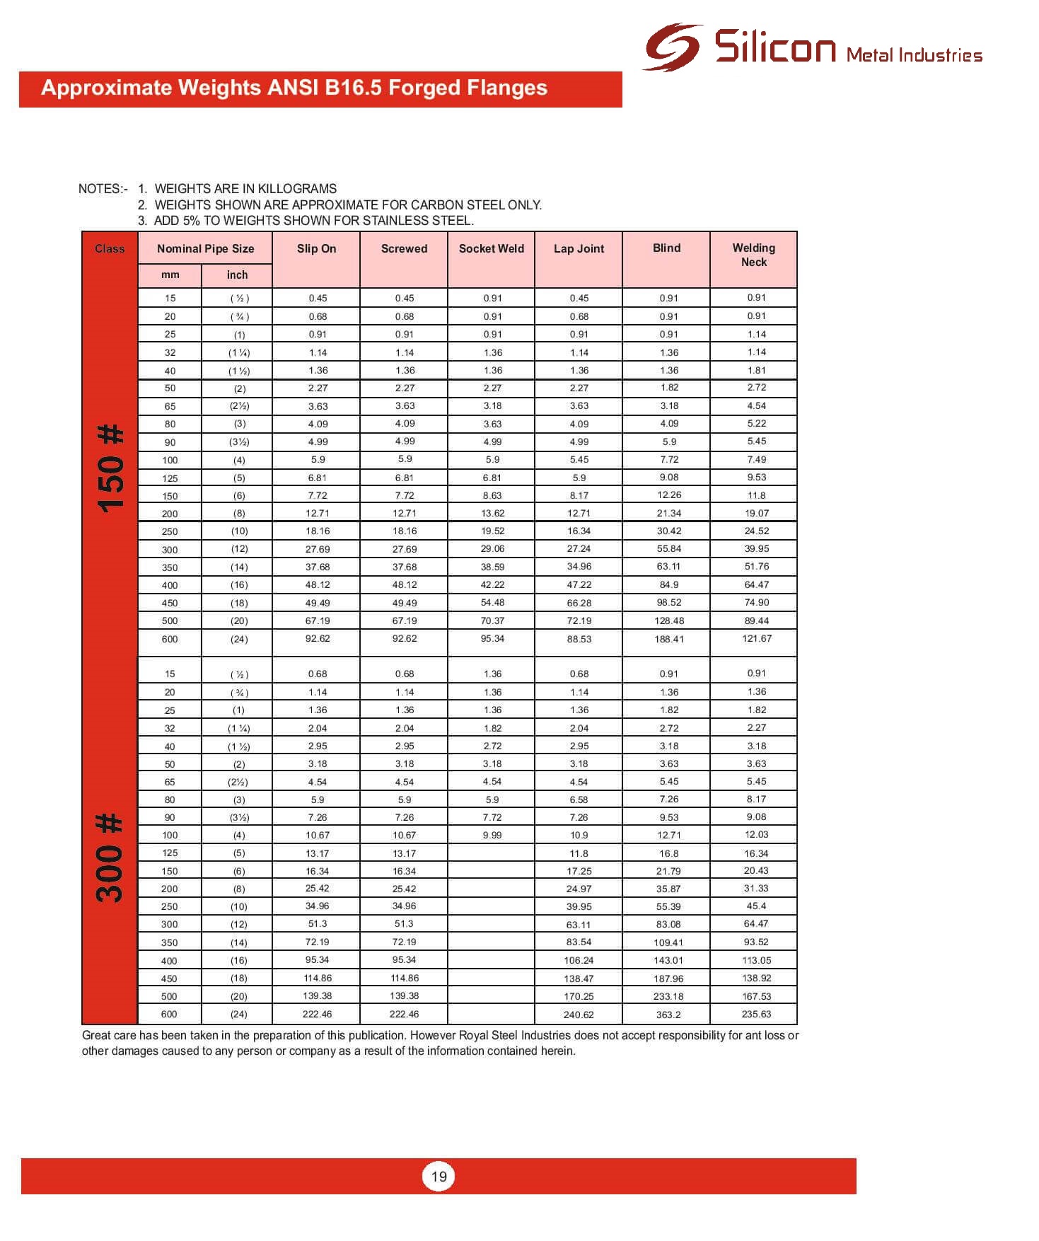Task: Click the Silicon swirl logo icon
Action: tap(672, 47)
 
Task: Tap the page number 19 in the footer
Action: tap(439, 1177)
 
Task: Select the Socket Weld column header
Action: tap(492, 248)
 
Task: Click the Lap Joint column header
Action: tap(579, 248)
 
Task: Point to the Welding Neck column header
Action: tap(754, 255)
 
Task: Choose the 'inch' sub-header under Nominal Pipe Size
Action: tap(237, 275)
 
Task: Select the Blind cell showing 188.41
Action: tap(668, 639)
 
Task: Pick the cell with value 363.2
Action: tap(668, 1015)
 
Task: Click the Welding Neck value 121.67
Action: tap(756, 638)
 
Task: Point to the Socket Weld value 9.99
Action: tap(492, 835)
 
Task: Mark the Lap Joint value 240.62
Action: tap(579, 1015)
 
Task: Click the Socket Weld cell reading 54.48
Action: tap(492, 602)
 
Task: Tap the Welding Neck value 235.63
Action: tap(756, 1014)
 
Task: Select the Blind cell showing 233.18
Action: tap(668, 996)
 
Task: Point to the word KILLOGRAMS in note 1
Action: tap(297, 189)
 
